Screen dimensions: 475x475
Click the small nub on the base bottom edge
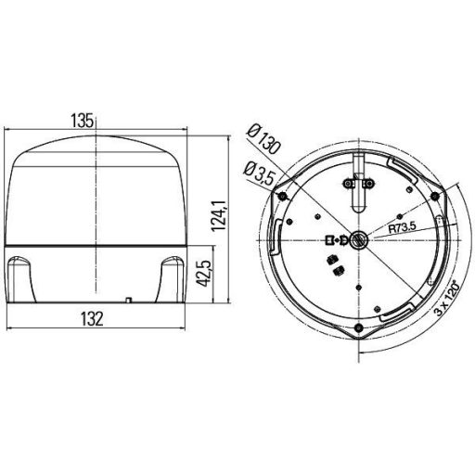coord(128,299)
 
